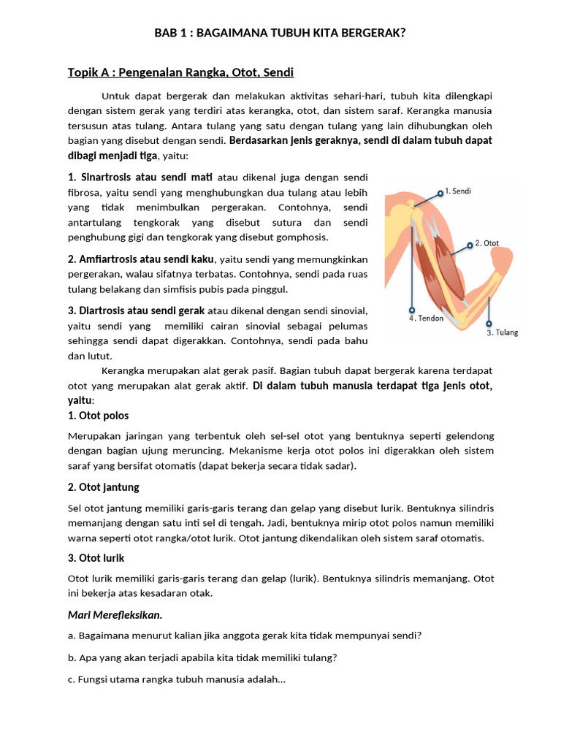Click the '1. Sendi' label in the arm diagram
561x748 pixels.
pyautogui.click(x=458, y=191)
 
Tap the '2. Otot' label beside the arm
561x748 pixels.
pyautogui.click(x=487, y=243)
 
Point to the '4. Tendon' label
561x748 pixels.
pyautogui.click(x=426, y=318)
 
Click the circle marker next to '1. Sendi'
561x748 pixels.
pyautogui.click(x=440, y=192)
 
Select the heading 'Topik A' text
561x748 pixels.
pyautogui.click(x=90, y=72)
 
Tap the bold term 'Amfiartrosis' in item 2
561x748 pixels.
pyautogui.click(x=112, y=259)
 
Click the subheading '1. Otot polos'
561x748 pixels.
pyautogui.click(x=98, y=415)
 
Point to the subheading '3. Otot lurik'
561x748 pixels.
pyautogui.click(x=96, y=557)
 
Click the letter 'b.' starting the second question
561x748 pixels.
pyautogui.click(x=72, y=657)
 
